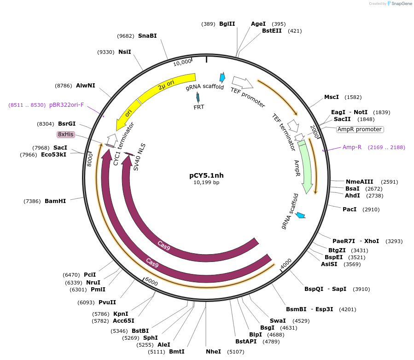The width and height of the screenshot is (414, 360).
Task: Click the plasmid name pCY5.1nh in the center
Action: [x=206, y=175]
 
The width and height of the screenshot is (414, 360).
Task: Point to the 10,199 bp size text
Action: [x=206, y=183]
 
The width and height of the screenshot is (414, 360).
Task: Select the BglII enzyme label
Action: [x=227, y=24]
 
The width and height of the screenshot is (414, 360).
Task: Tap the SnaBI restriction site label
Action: [x=147, y=35]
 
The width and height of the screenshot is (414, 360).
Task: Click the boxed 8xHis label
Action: [x=65, y=134]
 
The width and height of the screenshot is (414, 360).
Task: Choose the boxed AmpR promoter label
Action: [x=360, y=129]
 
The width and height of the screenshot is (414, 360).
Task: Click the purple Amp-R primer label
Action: [x=352, y=147]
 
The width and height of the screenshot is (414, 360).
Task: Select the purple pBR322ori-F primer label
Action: [x=67, y=105]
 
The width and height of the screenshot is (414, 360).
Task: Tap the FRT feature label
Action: [x=198, y=107]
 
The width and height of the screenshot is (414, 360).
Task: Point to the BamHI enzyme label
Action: [x=55, y=201]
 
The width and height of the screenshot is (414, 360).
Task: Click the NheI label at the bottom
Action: [x=213, y=352]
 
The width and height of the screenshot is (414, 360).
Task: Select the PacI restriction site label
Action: [x=350, y=209]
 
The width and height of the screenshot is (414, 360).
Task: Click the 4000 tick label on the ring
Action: [x=286, y=263]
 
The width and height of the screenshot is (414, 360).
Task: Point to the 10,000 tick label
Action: [x=182, y=62]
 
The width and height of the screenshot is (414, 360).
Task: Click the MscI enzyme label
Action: [x=332, y=97]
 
